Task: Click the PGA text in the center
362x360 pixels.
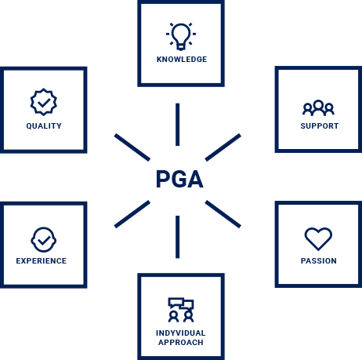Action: coord(179,179)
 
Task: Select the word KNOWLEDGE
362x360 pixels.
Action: coord(182,60)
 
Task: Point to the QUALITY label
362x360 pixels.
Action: coord(44,126)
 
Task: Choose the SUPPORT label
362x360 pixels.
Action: coord(320,126)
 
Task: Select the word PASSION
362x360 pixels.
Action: coord(319,260)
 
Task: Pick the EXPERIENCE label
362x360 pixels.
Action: coord(42,260)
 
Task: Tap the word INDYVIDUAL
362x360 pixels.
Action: coord(181,333)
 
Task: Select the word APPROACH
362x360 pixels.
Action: coord(181,342)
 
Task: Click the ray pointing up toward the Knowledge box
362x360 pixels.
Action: coord(178,125)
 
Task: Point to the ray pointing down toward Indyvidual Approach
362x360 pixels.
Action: coord(178,237)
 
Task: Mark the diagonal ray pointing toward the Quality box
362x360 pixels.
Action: coord(132,147)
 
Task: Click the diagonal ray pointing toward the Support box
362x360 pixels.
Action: coord(223,147)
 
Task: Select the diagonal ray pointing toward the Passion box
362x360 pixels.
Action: coord(223,214)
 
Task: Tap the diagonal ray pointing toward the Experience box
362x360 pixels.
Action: coord(132,214)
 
